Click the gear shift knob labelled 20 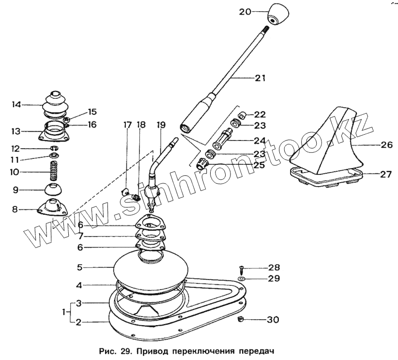coord(278,14)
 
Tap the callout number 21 coord(260,78)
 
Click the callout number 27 coord(385,174)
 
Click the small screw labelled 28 coord(241,268)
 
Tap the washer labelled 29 coord(241,280)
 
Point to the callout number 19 coord(161,125)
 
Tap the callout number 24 coord(260,141)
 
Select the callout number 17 coord(127,125)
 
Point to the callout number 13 coord(16,131)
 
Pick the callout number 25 coord(260,165)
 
